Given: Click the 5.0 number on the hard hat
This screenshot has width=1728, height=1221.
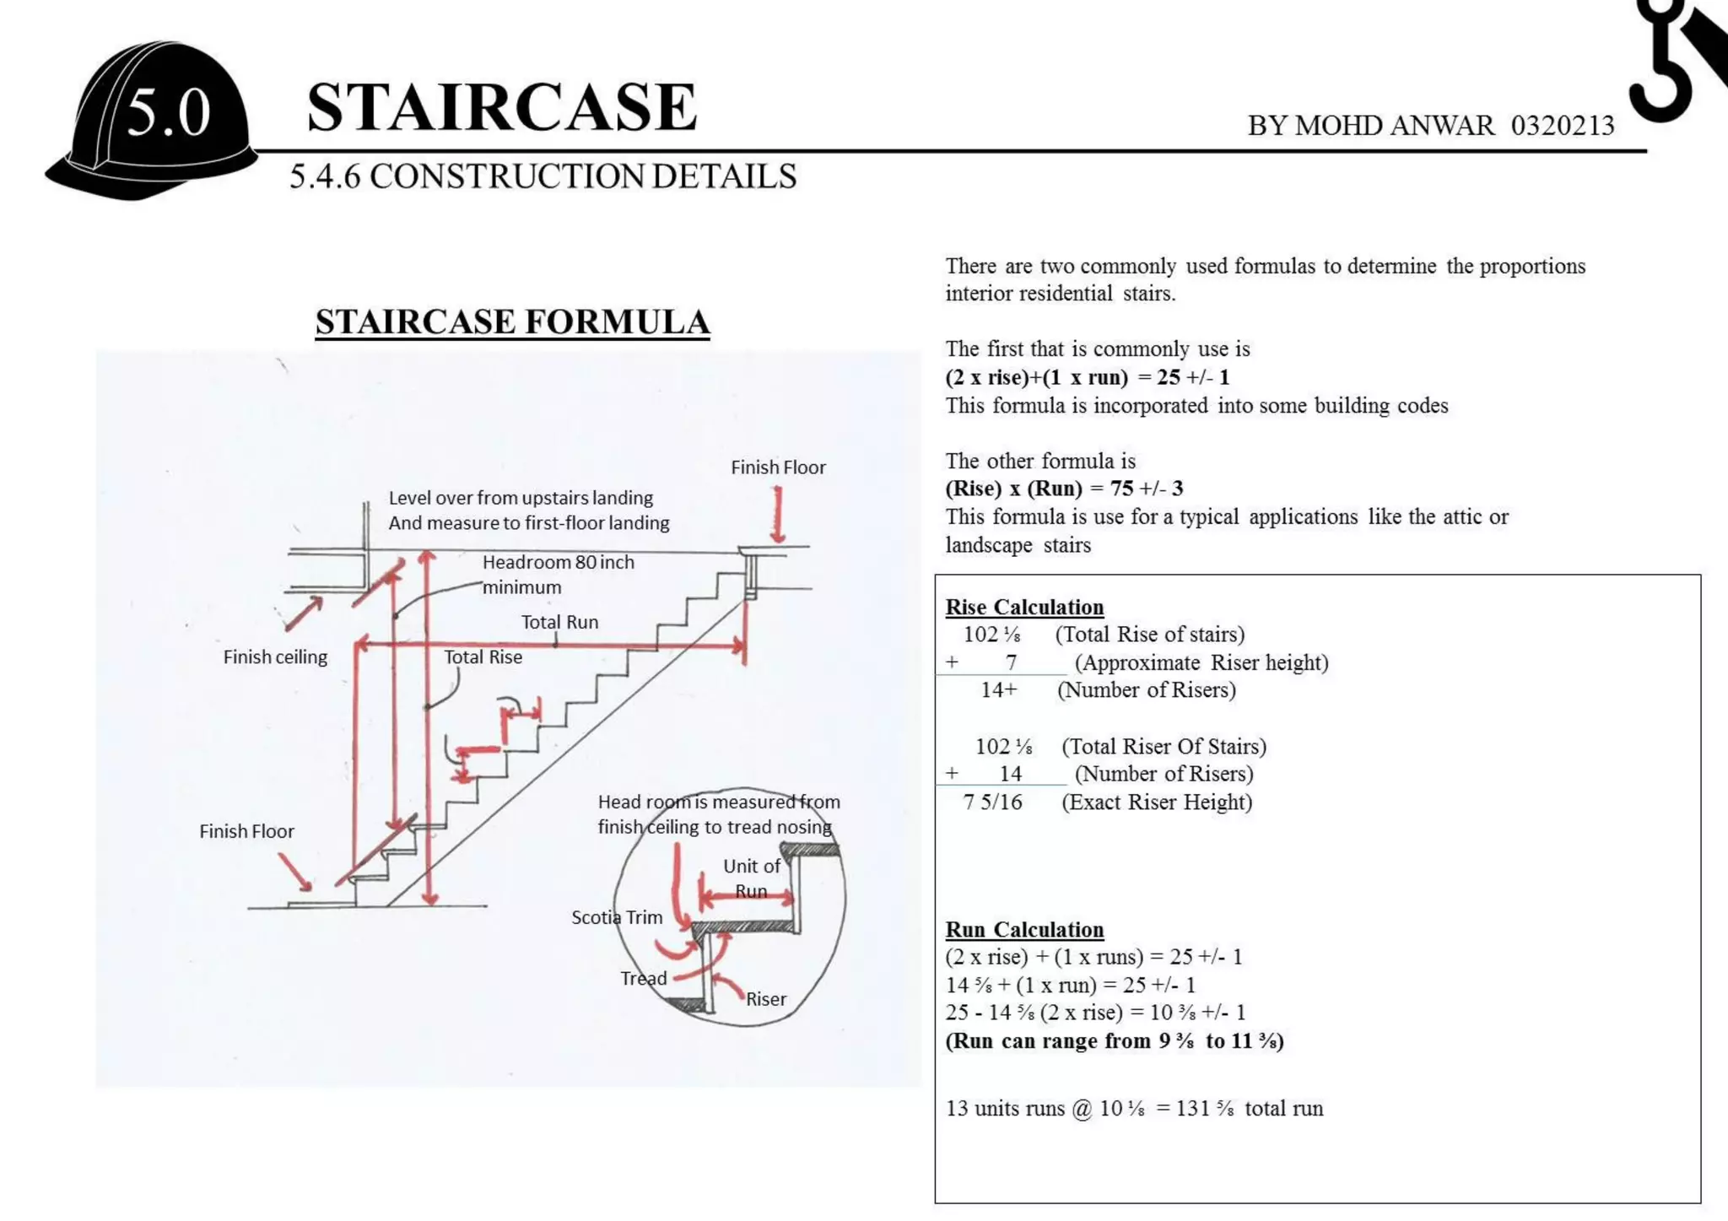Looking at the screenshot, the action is coord(168,114).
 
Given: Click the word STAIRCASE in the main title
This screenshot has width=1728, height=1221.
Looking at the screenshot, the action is coord(501,107).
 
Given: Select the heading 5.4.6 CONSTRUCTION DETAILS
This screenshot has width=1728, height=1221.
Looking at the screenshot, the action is coord(543,177).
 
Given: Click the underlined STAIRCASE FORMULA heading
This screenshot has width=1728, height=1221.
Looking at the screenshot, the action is coord(512,322).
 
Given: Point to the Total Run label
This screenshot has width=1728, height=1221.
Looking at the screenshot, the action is coord(559,623).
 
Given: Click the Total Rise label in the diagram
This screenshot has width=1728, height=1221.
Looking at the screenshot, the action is coord(483,657).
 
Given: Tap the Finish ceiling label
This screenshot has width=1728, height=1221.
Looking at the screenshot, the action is coord(275,657).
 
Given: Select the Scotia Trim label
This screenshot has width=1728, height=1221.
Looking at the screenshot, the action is coord(617,917).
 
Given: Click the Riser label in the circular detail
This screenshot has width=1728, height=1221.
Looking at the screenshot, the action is coord(765,999).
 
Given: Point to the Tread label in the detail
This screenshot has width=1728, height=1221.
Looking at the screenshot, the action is coord(643,979).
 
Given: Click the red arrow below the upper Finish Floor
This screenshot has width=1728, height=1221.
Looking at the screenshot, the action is coord(778,515).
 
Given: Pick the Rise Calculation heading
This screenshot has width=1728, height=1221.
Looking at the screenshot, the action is coord(1024,608).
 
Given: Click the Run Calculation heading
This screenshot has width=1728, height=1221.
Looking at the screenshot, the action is coord(1024,930).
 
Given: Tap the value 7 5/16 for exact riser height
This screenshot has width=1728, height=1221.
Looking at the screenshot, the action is coord(992,802).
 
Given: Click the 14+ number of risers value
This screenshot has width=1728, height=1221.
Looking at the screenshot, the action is coord(999,690).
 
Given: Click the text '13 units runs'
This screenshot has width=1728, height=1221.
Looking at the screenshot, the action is coord(1005,1109).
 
